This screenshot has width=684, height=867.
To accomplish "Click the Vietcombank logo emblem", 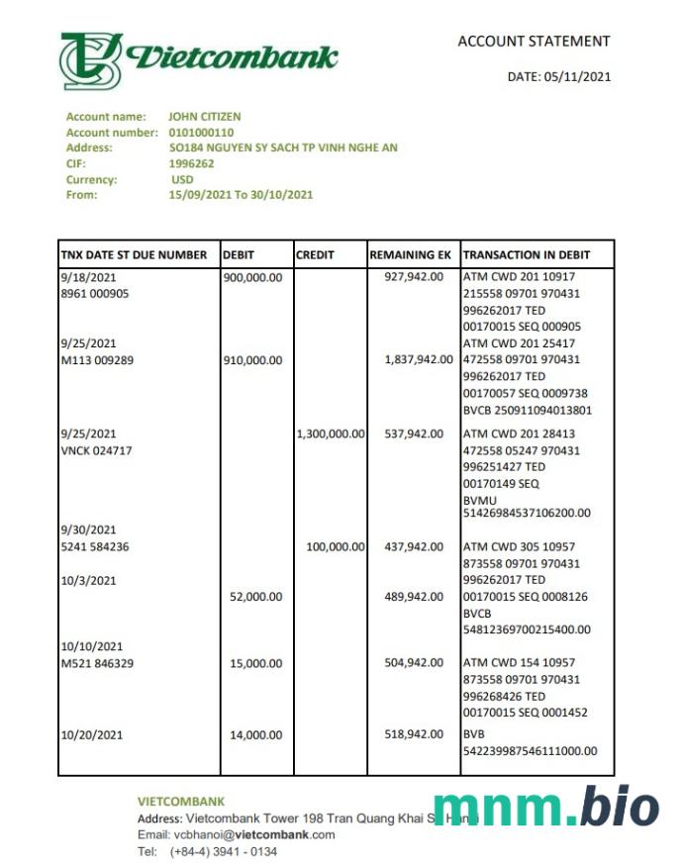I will click(x=91, y=60).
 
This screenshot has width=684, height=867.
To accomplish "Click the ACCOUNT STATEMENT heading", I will click(x=534, y=42).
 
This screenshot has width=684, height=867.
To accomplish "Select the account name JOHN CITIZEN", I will click(x=205, y=117).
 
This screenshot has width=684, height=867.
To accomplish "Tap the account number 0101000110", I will click(x=201, y=133).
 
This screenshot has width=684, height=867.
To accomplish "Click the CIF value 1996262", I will click(x=191, y=164).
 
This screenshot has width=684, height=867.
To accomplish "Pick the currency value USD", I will click(x=182, y=180).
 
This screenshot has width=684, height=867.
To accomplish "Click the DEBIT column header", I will click(x=240, y=254).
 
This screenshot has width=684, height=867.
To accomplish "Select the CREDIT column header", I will click(x=315, y=254).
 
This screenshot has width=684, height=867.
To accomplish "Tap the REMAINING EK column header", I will click(x=411, y=254).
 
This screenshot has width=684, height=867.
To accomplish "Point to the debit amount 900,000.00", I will click(x=252, y=277).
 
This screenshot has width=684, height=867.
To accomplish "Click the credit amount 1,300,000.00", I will click(x=331, y=433).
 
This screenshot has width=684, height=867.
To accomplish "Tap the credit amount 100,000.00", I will click(x=337, y=546).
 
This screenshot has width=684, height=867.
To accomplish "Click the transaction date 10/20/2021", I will click(x=88, y=734).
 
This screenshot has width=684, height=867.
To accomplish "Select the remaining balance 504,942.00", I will click(x=414, y=663).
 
